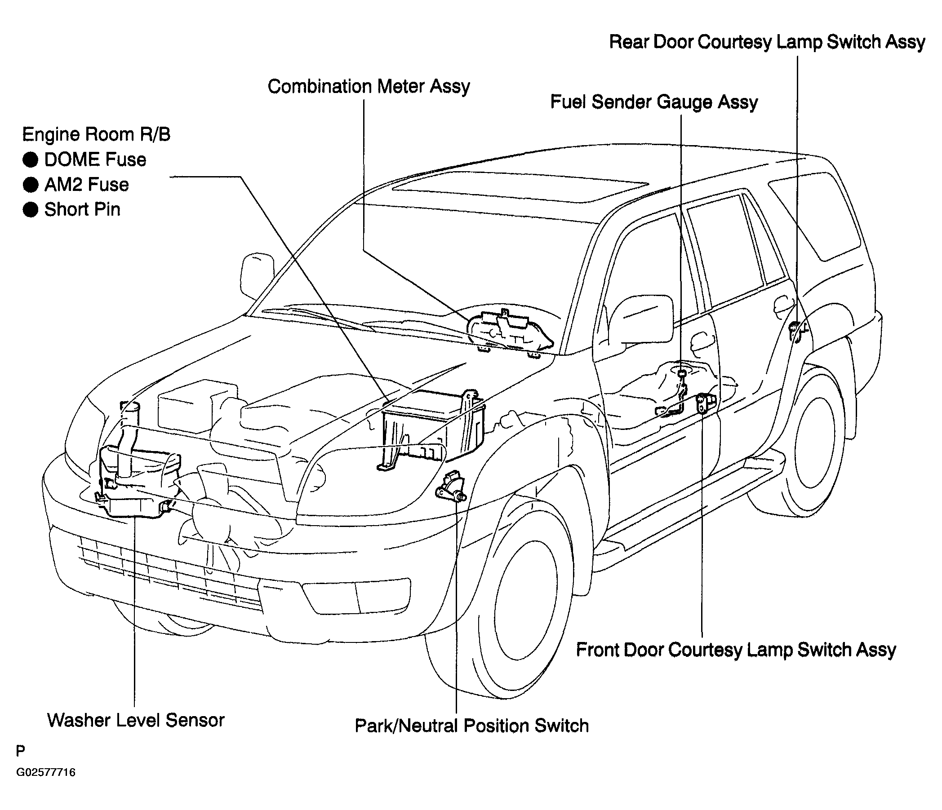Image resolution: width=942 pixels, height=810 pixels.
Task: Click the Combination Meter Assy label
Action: click(369, 86)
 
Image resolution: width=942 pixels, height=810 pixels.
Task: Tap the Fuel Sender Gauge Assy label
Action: click(654, 102)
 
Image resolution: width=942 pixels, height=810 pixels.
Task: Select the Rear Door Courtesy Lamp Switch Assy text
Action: click(767, 42)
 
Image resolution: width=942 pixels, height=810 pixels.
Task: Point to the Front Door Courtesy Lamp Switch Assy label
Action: click(736, 650)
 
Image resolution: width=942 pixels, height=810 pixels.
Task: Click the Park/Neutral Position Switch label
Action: click(471, 726)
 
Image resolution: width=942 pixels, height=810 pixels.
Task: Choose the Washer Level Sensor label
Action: click(136, 720)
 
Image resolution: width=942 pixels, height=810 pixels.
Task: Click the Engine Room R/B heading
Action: click(96, 134)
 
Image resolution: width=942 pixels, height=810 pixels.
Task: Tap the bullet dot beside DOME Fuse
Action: click(31, 159)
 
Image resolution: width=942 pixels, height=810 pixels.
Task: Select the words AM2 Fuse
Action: click(86, 185)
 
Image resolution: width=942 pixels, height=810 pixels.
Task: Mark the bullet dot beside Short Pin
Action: click(31, 209)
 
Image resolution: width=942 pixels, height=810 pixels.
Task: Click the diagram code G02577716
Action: click(46, 772)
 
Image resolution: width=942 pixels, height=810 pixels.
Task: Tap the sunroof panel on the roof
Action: click(520, 187)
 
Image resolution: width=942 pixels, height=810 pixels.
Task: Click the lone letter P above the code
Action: click(21, 751)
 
